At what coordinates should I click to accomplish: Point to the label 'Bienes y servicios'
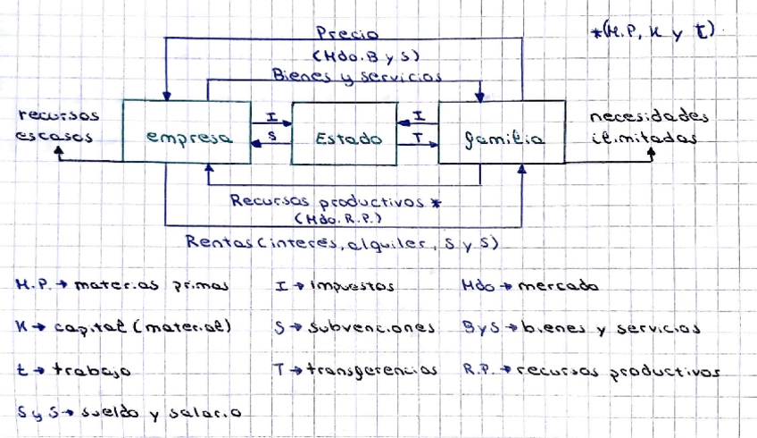click(x=358, y=77)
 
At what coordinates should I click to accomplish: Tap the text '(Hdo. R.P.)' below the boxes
click(x=337, y=217)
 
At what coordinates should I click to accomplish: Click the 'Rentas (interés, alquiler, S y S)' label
click(x=341, y=241)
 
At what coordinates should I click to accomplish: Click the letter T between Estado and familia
click(x=418, y=138)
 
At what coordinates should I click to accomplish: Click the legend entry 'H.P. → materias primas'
click(x=122, y=286)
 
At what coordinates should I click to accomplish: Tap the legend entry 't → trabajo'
click(x=74, y=368)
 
